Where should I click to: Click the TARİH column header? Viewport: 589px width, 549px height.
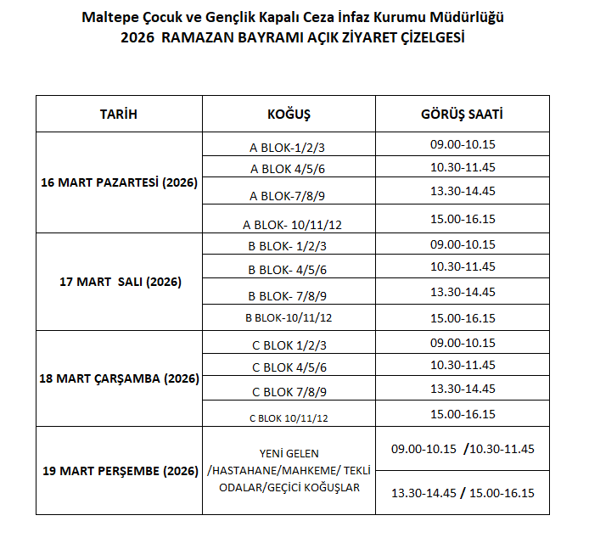(x=119, y=114)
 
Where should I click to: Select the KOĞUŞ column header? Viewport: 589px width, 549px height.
(x=289, y=114)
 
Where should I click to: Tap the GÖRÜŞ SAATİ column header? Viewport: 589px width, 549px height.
(x=463, y=114)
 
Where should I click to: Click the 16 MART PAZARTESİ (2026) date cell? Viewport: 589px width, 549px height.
(x=119, y=182)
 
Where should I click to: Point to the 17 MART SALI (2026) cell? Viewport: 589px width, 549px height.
(x=119, y=282)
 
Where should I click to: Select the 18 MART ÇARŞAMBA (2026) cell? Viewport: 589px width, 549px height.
(x=119, y=379)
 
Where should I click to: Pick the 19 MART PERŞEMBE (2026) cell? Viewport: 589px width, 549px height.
(x=119, y=471)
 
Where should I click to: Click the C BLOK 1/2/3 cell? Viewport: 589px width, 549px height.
(x=289, y=345)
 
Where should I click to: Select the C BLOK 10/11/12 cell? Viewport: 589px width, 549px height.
(x=289, y=417)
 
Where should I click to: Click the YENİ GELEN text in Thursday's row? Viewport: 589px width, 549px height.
(x=289, y=453)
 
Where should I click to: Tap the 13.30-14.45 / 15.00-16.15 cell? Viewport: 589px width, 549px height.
(x=463, y=493)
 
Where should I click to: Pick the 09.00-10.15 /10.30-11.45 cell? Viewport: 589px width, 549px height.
(x=463, y=448)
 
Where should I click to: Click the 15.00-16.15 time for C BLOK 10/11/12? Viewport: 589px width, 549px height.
(x=463, y=414)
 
